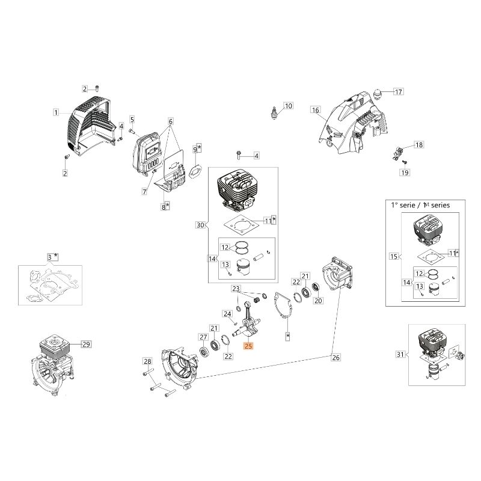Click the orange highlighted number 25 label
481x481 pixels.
[x=249, y=346]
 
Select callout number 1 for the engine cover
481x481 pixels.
[x=56, y=112]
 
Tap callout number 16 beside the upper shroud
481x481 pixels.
[x=315, y=110]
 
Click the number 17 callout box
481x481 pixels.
[x=398, y=92]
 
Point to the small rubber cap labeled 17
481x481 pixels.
[x=379, y=96]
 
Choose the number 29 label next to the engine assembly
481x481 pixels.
[x=85, y=345]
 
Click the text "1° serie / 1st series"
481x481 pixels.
[x=417, y=205]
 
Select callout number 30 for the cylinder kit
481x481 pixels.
[x=200, y=225]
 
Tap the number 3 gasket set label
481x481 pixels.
[x=50, y=257]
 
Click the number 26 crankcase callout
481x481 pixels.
[x=335, y=358]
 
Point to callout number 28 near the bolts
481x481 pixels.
[x=147, y=361]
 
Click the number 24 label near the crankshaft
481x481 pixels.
[x=227, y=314]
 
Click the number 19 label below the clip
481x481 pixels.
[x=404, y=173]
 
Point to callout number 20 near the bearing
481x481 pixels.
[x=319, y=301]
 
